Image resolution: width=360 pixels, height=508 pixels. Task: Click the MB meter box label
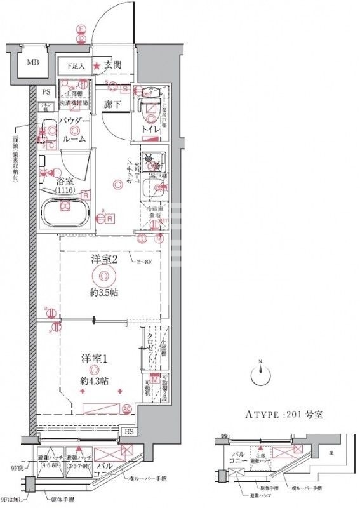point(31,62)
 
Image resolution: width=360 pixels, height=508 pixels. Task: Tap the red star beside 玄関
point(97,65)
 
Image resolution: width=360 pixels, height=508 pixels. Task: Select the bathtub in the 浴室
point(63,209)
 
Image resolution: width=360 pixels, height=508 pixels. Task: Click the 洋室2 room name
point(102,259)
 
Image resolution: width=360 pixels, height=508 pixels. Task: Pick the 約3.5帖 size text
point(103,293)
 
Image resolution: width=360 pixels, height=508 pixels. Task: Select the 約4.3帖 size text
point(93,381)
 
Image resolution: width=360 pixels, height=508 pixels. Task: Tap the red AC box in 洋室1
point(126,408)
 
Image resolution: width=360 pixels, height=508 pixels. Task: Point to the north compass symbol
point(260,376)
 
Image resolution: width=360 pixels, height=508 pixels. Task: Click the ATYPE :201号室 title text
point(284,415)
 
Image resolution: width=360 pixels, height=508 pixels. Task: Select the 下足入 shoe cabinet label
point(77,65)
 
